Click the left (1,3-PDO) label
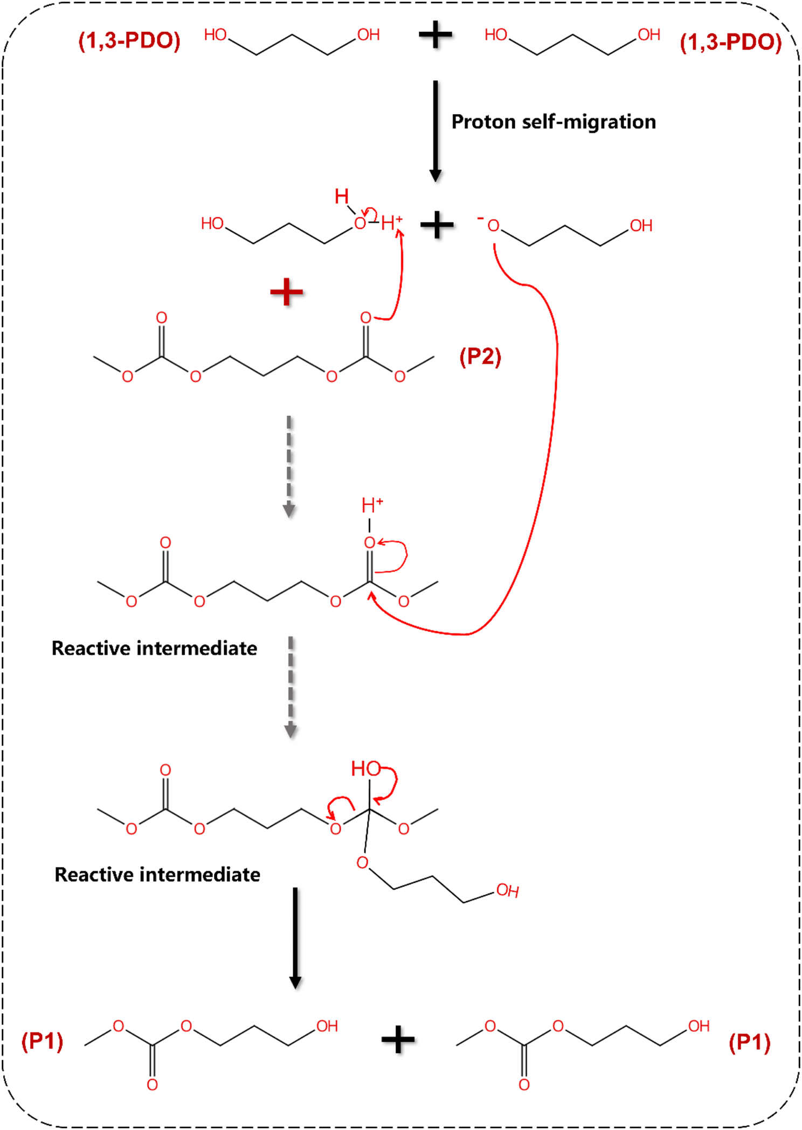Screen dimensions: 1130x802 pyautogui.click(x=129, y=41)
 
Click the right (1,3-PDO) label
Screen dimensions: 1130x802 pyautogui.click(x=730, y=43)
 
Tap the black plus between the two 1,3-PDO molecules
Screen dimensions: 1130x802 pyautogui.click(x=435, y=36)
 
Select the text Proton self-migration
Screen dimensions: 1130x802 pyautogui.click(x=554, y=122)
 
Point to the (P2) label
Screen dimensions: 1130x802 pyautogui.click(x=480, y=357)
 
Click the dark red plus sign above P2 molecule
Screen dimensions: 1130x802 pyautogui.click(x=287, y=292)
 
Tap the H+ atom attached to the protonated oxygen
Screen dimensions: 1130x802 pyautogui.click(x=391, y=222)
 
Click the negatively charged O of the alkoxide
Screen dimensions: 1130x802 pyautogui.click(x=493, y=226)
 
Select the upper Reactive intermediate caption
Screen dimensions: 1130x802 pyautogui.click(x=154, y=648)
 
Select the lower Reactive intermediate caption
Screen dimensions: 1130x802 pyautogui.click(x=157, y=874)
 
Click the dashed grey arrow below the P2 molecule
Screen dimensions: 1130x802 pyautogui.click(x=289, y=466)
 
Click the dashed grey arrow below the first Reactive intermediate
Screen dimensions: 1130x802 pyautogui.click(x=291, y=687)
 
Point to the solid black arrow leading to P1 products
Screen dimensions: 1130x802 pyautogui.click(x=295, y=937)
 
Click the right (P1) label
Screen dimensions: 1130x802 pyautogui.click(x=749, y=1042)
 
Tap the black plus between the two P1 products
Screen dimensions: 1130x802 pyautogui.click(x=398, y=1040)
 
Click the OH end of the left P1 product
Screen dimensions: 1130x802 pyautogui.click(x=327, y=1026)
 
